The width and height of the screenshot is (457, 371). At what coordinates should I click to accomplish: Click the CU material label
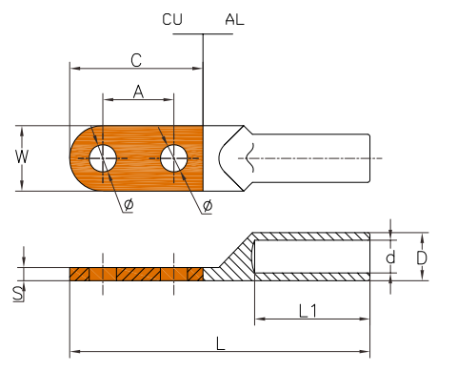172,19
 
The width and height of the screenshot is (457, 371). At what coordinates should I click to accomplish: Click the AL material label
234,19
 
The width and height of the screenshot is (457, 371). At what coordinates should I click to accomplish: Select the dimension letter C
136,60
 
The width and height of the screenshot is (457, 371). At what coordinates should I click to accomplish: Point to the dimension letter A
138,92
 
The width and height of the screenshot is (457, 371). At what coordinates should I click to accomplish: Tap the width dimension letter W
22,156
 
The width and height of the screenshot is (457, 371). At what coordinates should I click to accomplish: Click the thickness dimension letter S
18,294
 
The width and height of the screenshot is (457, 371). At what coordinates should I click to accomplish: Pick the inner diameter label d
390,257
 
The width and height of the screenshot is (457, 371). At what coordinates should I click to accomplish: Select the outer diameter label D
422,258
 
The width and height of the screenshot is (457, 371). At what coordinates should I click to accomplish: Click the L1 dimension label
308,311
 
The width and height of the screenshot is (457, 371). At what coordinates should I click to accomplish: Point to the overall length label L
221,343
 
